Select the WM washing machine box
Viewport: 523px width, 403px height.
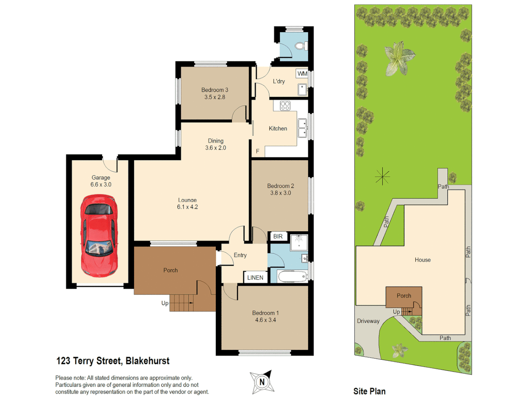[302, 74]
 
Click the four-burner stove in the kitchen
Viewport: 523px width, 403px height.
[285, 106]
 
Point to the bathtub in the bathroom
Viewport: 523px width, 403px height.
[292, 277]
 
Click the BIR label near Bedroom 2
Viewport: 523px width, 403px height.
[278, 237]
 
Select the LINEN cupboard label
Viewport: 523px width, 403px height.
[255, 278]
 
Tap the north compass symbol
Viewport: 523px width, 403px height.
[262, 382]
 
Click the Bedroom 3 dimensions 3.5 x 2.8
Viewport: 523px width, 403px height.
[214, 97]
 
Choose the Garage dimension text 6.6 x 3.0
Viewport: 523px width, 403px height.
[101, 185]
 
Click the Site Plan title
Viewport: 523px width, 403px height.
[369, 391]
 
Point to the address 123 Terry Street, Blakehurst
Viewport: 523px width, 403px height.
[113, 361]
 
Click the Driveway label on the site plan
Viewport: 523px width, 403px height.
[368, 321]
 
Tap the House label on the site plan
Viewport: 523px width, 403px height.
[422, 260]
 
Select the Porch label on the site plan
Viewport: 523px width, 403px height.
[404, 296]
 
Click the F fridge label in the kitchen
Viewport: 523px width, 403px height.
[257, 151]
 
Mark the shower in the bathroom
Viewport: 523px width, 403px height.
[299, 241]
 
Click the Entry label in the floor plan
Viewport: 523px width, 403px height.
[240, 255]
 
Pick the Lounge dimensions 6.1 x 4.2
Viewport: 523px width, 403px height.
[187, 207]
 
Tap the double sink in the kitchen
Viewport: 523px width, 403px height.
[302, 128]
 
